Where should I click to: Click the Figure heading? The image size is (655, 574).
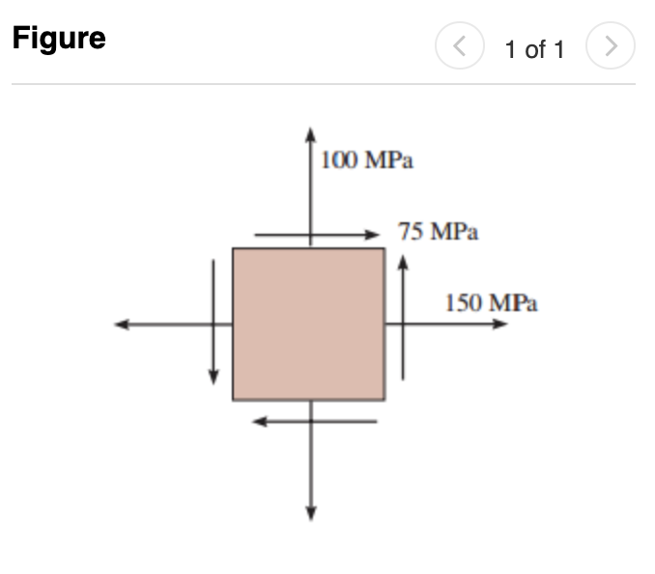59,39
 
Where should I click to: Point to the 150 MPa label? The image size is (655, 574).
491,302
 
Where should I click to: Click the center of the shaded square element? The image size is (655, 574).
308,324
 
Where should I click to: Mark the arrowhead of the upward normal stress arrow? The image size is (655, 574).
310,133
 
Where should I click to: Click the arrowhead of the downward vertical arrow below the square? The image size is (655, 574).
310,513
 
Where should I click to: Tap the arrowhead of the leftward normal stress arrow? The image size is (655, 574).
121,325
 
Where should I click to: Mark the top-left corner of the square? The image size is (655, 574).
233,248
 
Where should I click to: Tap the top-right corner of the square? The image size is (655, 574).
384,248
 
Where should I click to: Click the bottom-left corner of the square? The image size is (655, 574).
233,400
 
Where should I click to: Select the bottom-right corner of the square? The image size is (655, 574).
384,400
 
